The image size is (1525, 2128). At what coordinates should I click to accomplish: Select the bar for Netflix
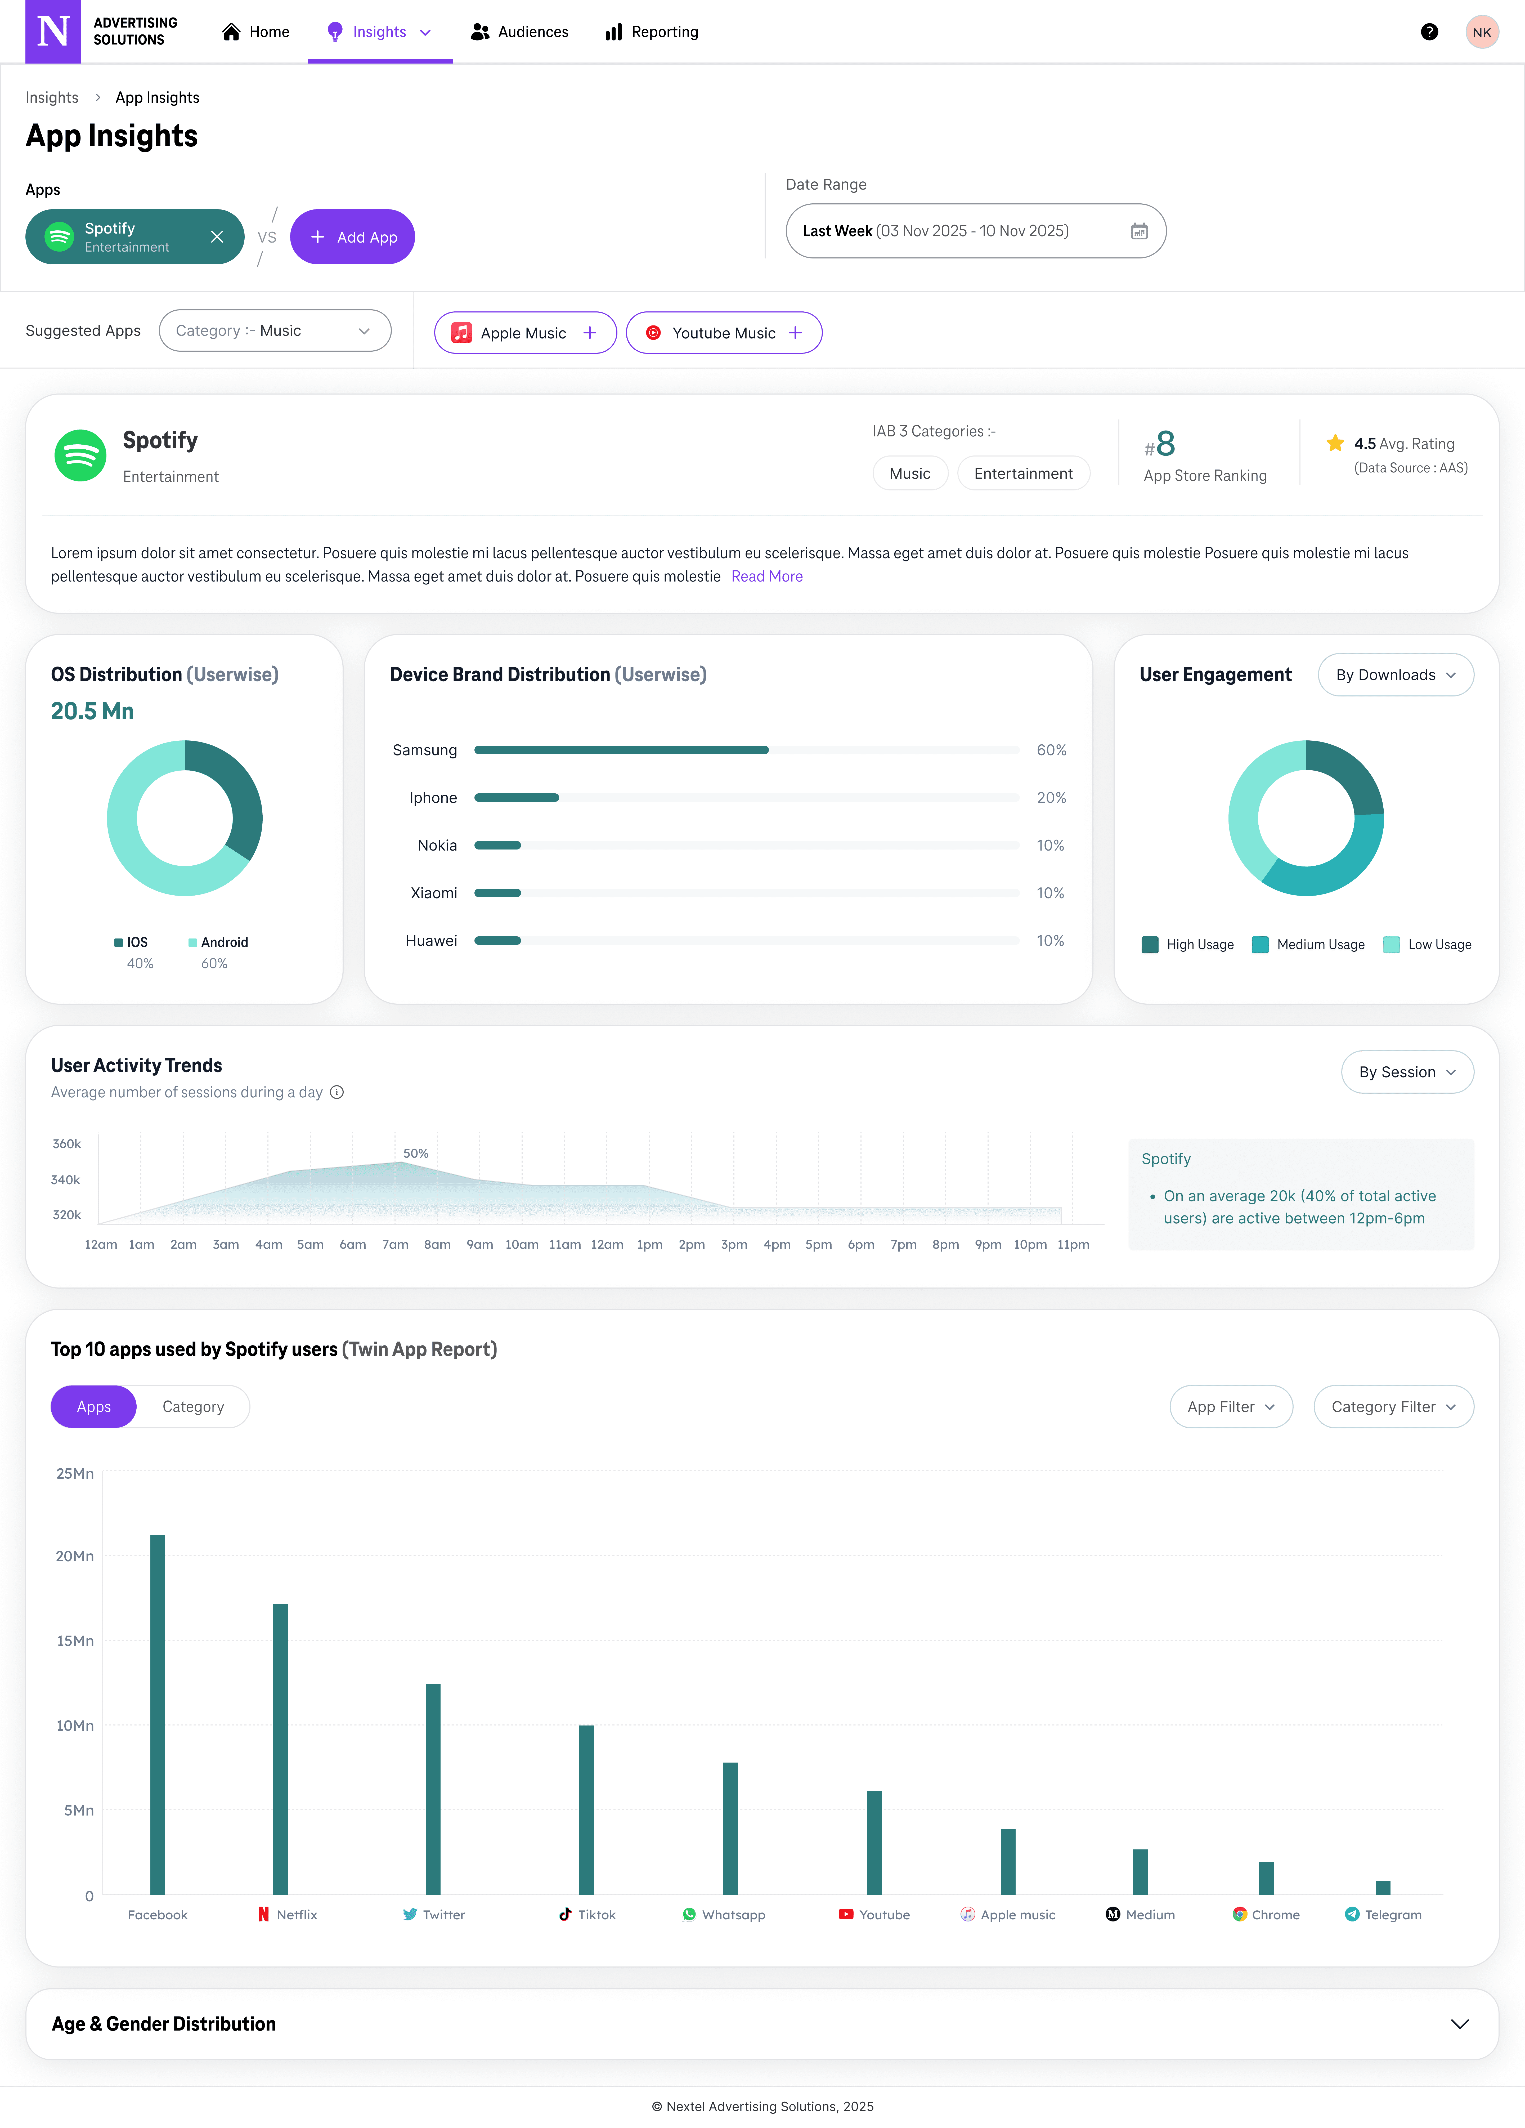tap(280, 1749)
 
